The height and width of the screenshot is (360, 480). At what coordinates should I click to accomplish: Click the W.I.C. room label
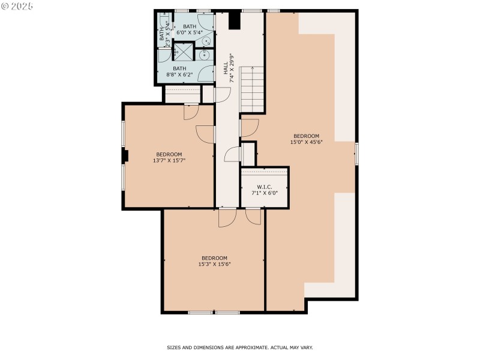tap(265, 187)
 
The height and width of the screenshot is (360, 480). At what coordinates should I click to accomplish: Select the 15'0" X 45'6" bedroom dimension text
tap(306, 142)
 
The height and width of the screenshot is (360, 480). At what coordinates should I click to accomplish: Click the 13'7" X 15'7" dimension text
tap(169, 160)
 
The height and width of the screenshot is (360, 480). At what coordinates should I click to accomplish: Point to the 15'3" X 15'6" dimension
tap(214, 264)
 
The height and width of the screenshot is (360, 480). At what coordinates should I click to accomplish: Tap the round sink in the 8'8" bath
tap(203, 55)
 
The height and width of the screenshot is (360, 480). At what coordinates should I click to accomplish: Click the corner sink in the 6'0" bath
tap(206, 41)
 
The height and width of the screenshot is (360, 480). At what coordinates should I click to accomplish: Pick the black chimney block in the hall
tap(235, 21)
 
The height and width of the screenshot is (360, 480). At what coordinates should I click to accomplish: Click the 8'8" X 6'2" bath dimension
tap(181, 74)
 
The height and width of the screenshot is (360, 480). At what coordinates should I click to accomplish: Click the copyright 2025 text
tap(17, 5)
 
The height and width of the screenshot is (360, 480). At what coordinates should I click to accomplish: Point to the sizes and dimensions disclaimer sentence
tap(239, 347)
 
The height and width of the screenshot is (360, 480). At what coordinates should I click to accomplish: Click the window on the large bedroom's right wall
tap(356, 154)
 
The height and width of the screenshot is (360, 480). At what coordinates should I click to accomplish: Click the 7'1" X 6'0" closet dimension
tap(265, 193)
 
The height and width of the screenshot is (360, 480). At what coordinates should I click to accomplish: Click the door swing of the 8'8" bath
tap(207, 74)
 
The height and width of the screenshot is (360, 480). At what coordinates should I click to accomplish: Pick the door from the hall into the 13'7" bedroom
tap(206, 134)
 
